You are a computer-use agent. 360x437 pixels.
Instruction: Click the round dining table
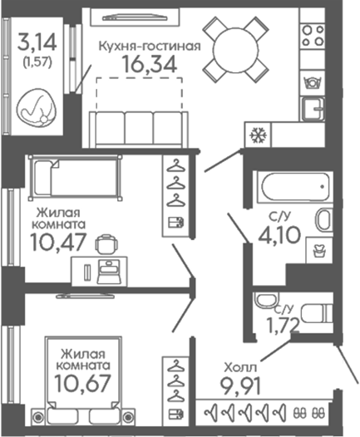point(235,49)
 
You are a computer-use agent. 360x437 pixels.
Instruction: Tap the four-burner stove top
point(313,36)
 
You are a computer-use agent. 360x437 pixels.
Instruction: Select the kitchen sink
point(313,109)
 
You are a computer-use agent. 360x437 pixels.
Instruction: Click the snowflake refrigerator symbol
point(258,135)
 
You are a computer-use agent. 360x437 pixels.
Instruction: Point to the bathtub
point(295,186)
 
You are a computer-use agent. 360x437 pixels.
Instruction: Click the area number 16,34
point(150,64)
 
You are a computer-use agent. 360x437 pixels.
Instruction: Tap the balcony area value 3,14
point(37,42)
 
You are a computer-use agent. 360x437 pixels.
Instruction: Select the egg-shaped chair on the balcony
point(37,108)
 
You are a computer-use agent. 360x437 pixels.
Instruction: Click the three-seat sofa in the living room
point(139,130)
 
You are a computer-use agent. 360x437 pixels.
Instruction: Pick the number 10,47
point(58,242)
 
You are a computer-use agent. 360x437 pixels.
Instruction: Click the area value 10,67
point(83,383)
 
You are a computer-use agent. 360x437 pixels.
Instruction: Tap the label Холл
point(240,367)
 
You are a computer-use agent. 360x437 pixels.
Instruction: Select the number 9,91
point(240,386)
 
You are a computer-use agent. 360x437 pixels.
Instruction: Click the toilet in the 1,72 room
point(317,313)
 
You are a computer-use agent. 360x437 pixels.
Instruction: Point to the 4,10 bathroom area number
point(279,234)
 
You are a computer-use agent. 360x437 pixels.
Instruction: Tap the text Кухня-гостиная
point(150,47)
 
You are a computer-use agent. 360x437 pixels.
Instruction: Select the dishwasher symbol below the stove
point(313,82)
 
